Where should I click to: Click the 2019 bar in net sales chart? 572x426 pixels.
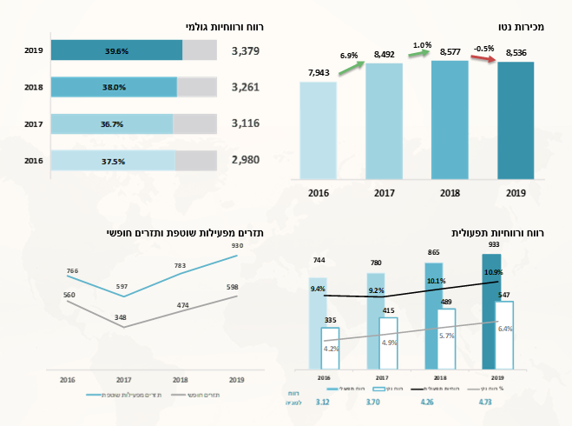coord(516,118)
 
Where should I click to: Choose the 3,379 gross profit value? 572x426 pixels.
coord(247,51)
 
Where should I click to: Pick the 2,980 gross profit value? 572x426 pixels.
coord(247,161)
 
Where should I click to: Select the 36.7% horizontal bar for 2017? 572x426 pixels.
coord(111,124)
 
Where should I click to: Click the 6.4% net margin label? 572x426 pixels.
coord(506,329)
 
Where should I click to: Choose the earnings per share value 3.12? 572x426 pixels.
coord(323,403)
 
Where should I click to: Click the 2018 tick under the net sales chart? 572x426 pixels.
coord(450,193)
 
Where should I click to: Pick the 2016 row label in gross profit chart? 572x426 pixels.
coord(33,161)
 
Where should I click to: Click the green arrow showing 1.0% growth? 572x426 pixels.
coord(418,55)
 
